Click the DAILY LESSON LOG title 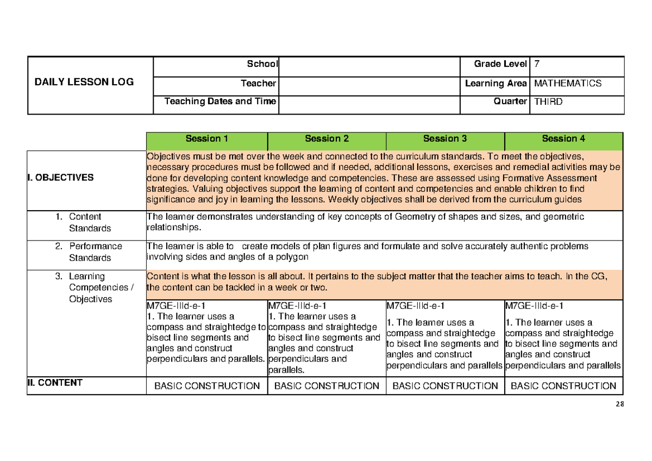point(84,83)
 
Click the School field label point(262,64)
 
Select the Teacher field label point(259,83)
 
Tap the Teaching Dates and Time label point(220,101)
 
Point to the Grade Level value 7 point(537,64)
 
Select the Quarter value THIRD point(549,101)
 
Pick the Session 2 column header point(327,139)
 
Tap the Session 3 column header point(445,139)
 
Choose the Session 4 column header point(563,139)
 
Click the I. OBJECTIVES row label point(61,178)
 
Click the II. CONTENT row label point(55,383)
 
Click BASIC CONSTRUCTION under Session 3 point(445,386)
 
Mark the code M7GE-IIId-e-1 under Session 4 point(532,306)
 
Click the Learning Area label point(496,83)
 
